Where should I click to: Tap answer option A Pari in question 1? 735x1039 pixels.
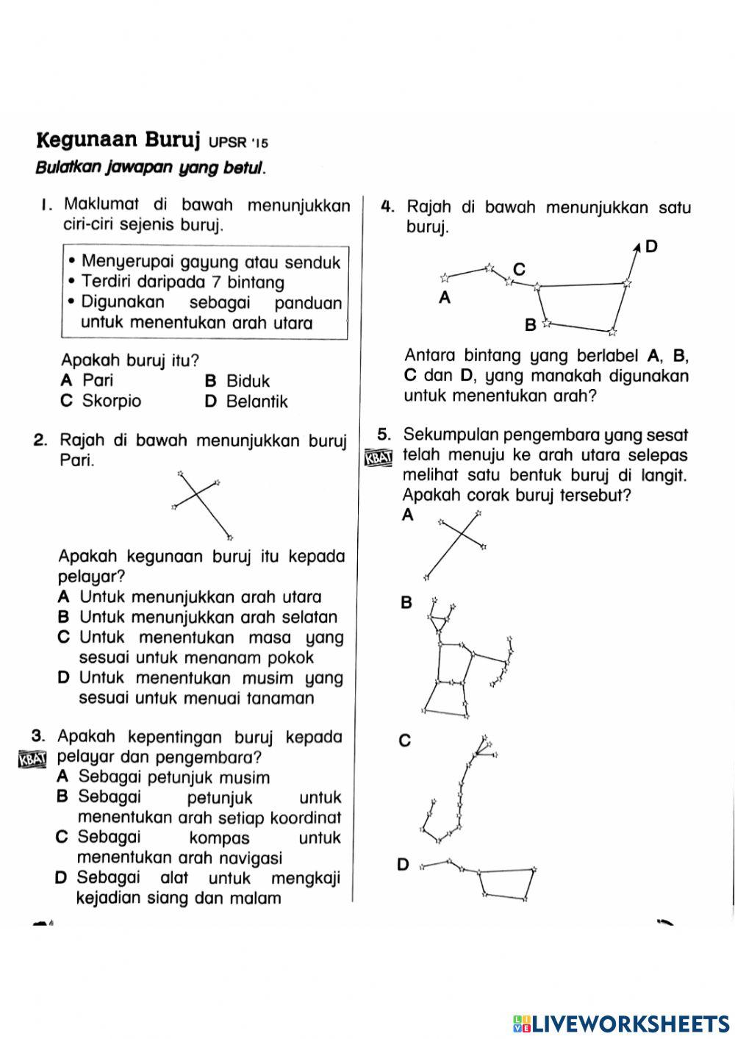point(88,381)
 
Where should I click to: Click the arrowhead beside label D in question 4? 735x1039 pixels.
point(637,249)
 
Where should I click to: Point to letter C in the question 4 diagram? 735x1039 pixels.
point(519,269)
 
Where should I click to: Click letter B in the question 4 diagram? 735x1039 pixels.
point(530,324)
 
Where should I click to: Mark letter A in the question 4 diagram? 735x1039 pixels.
point(444,298)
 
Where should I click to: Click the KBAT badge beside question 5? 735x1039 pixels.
point(379,458)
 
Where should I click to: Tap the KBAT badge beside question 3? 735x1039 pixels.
point(32,759)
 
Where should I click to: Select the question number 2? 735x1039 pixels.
point(41,441)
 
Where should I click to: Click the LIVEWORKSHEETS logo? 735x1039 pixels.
point(621,1023)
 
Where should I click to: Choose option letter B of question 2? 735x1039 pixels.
point(64,618)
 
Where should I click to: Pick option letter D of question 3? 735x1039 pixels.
point(62,878)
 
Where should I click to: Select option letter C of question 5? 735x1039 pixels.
point(404,741)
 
